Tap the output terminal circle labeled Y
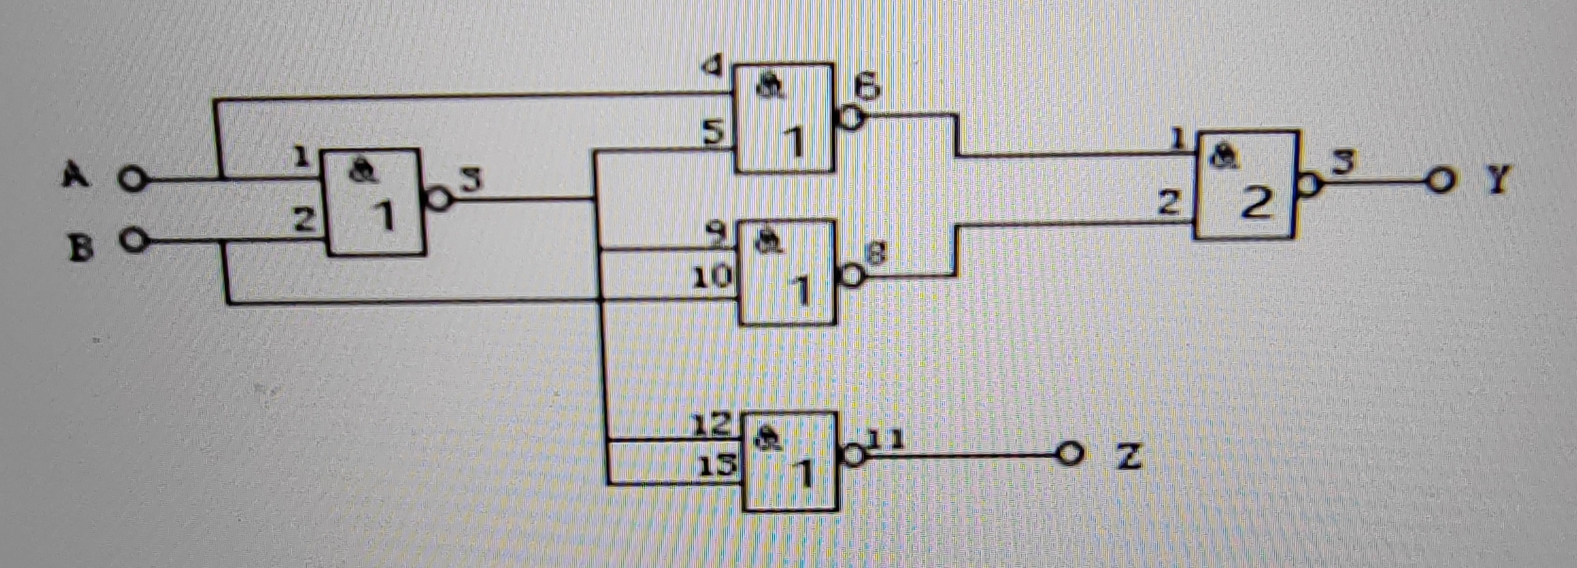[1440, 181]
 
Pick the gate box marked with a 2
[1246, 184]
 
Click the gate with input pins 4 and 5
[785, 117]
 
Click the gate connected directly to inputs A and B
[376, 202]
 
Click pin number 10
[712, 278]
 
